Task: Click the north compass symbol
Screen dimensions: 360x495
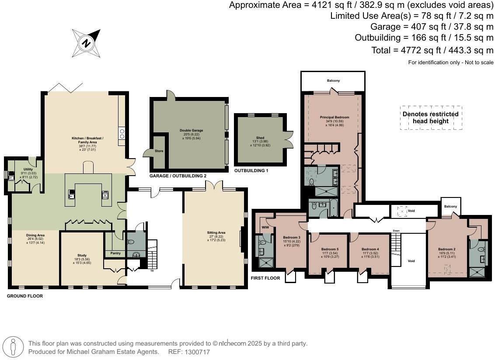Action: click(x=86, y=43)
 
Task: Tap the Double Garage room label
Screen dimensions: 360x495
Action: click(x=192, y=130)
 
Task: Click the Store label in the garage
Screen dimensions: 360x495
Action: click(x=158, y=152)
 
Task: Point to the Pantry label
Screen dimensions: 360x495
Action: click(x=115, y=253)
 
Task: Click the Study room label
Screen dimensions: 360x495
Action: click(x=82, y=255)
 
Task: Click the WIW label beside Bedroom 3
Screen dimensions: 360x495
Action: click(x=265, y=227)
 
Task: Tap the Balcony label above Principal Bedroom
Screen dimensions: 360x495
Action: click(x=333, y=81)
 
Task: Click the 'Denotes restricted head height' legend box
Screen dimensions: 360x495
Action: click(x=431, y=118)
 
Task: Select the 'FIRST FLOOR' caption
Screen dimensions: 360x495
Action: click(x=265, y=278)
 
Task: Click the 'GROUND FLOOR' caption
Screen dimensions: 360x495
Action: click(x=24, y=296)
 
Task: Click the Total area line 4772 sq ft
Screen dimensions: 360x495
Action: click(x=432, y=50)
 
